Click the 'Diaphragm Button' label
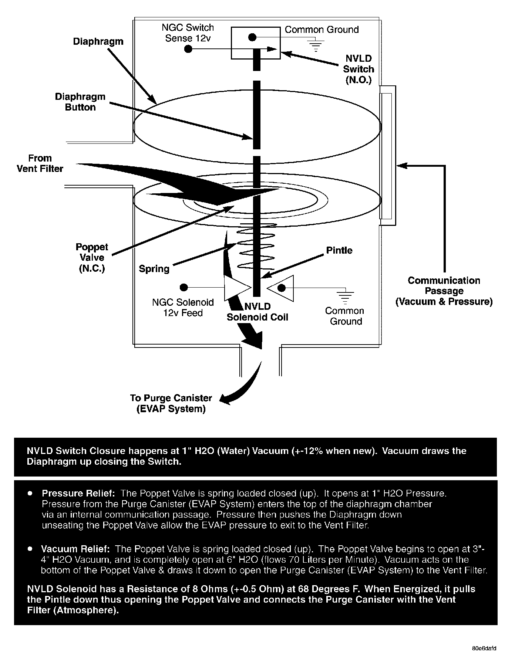80,102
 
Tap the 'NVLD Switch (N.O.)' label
358,69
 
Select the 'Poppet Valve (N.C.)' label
92,258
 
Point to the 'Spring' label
154,268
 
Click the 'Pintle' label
339,250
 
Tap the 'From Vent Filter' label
40,163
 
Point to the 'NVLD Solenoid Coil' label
257,312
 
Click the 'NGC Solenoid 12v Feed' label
183,308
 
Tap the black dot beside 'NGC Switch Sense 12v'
188,48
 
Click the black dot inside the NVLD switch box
252,37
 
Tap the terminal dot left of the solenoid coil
183,287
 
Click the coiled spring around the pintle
256,250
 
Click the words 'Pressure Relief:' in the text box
79,493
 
